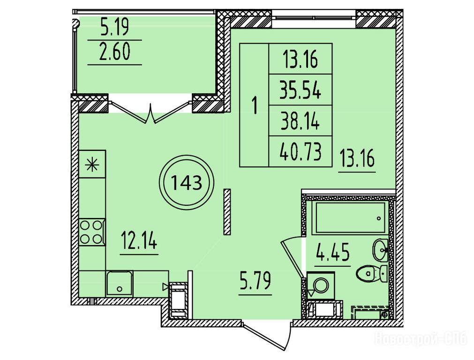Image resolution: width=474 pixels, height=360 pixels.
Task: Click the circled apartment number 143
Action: click(x=187, y=182)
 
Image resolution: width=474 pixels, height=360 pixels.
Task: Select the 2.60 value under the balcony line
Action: click(x=114, y=52)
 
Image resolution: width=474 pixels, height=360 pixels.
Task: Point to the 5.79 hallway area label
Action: click(x=256, y=281)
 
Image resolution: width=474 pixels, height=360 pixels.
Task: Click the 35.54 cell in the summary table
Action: click(x=301, y=90)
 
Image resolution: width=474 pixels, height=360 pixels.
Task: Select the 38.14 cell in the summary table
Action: click(x=301, y=121)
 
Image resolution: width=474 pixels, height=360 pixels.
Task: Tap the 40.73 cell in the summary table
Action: click(x=301, y=151)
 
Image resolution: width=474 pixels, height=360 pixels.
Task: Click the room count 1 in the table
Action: click(x=255, y=105)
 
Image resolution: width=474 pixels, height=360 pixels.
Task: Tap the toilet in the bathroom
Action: click(x=372, y=274)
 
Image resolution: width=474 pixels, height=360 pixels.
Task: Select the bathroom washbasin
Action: click(x=380, y=250)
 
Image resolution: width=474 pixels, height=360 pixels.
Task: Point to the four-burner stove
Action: click(x=92, y=232)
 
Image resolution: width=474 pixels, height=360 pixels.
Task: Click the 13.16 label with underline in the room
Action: click(x=357, y=158)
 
